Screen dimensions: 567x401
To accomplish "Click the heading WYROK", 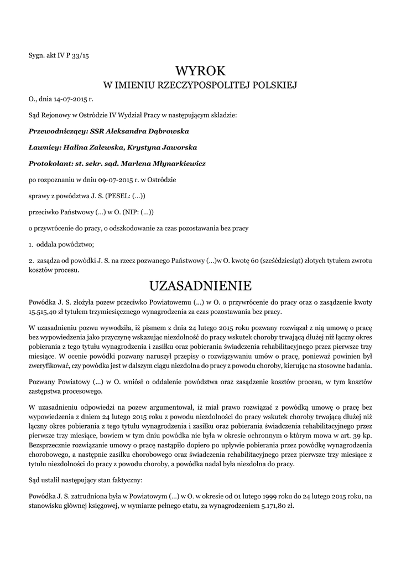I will (200, 71).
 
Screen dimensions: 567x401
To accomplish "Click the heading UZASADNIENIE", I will (200, 286).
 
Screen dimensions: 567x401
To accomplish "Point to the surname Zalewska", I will (105, 148).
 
